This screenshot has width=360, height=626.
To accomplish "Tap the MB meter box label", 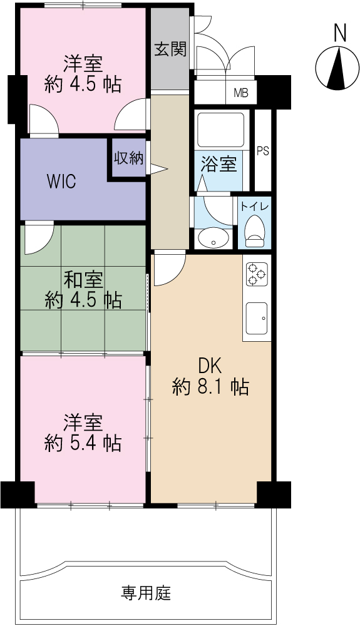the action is pos(241,93).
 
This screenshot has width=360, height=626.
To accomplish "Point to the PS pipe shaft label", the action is pos(262,151).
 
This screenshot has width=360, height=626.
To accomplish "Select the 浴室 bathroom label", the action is pos(219,164).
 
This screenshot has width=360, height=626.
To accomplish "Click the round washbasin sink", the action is pos(212,238).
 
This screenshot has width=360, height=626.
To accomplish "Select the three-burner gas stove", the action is pos(257,274).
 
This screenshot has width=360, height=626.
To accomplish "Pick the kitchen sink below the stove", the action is pos(257,318).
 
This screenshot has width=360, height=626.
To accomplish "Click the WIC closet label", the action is pos(61,182).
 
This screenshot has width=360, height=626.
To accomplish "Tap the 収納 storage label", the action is pos(128,158).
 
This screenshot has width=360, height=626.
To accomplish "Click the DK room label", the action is pos(210,366).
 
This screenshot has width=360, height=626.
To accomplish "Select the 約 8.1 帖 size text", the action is pos(211,387).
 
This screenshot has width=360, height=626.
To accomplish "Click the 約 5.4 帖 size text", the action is pos(83,443).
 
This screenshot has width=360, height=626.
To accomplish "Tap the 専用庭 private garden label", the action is pos(146,593).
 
